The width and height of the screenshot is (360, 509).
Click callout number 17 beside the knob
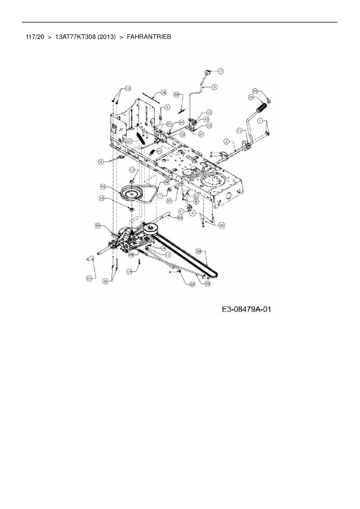pos(221,71)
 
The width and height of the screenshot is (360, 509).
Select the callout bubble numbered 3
pos(214,86)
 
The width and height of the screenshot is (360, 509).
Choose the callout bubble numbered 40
pos(102,186)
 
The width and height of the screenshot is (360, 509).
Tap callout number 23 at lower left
pos(89,279)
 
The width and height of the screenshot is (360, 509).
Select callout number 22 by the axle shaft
pos(180,217)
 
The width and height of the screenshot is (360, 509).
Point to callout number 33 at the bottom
pos(207,284)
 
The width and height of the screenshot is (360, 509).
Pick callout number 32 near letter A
pos(192,284)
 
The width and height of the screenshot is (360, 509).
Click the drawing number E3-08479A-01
pos(246,309)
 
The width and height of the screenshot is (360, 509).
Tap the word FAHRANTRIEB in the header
pos(149,37)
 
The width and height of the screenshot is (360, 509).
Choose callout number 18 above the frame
pos(163,92)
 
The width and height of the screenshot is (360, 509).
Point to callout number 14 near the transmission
pos(129,271)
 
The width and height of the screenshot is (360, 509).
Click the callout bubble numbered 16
pos(102,198)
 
